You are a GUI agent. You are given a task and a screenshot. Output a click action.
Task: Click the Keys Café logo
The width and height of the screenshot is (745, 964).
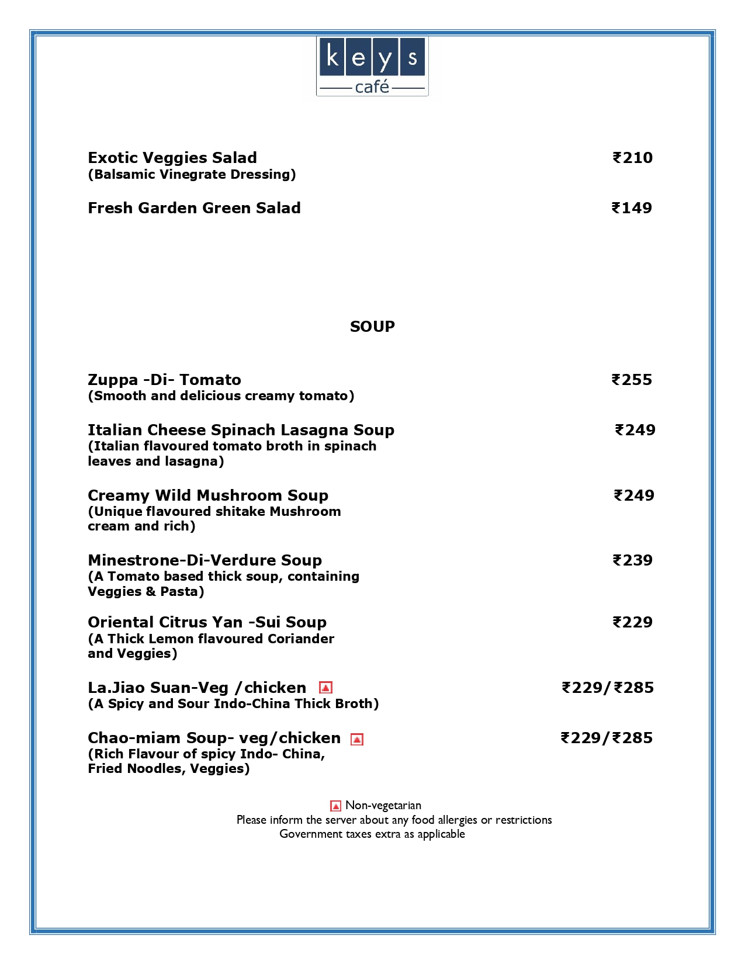point(372,66)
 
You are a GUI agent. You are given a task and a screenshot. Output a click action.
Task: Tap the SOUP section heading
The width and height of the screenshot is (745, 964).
point(372,327)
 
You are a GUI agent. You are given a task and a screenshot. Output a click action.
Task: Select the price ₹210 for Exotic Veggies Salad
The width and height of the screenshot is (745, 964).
point(632,158)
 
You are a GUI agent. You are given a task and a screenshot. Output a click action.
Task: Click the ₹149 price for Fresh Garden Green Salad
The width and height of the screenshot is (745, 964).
point(632,208)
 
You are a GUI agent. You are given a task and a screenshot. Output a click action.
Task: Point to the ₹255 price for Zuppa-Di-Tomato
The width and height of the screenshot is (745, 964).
point(632,380)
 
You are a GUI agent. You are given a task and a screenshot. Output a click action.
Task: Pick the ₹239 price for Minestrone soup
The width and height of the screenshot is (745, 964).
point(632,560)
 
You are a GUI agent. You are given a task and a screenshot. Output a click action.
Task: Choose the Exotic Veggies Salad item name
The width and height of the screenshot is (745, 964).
point(172,158)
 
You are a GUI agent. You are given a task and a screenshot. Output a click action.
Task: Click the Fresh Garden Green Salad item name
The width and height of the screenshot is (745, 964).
point(194,208)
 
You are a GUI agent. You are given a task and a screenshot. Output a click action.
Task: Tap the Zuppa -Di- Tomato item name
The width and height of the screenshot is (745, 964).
point(164,380)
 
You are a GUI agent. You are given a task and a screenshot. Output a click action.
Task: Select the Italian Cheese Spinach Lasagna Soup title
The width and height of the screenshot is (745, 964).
point(241,430)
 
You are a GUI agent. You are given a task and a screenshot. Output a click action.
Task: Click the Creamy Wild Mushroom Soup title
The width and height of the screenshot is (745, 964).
point(208,495)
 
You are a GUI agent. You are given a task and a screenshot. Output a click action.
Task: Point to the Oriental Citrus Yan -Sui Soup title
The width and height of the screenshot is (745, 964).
point(207,622)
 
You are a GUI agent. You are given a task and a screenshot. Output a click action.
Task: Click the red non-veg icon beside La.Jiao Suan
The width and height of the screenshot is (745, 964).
point(325,688)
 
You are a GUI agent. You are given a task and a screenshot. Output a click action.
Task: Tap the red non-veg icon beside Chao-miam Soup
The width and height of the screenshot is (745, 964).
point(356,739)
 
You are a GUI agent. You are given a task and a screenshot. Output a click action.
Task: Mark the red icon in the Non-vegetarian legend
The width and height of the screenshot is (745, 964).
point(335,806)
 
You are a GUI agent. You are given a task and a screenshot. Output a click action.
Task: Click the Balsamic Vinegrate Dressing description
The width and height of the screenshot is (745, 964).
point(192,174)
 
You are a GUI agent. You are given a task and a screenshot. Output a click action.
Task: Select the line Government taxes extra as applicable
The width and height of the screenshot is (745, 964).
point(372,834)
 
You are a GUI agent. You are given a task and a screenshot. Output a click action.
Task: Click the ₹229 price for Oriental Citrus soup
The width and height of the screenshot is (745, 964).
point(632,622)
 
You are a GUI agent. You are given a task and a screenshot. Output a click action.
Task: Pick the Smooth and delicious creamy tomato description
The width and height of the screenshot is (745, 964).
point(221,396)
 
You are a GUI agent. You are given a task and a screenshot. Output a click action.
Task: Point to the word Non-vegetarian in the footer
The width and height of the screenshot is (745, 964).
point(383,806)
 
